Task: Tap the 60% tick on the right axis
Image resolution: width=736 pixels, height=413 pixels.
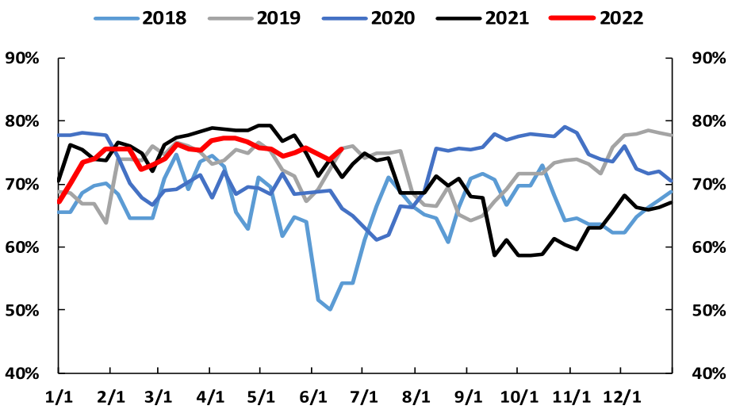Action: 711,247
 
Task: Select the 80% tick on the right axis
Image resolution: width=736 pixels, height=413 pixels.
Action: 711,121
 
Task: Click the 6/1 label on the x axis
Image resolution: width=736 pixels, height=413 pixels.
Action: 314,396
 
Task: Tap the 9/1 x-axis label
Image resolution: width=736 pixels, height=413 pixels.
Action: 468,396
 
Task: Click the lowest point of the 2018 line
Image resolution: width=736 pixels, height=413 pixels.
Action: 330,309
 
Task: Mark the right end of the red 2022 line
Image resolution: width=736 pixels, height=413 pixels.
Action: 342,148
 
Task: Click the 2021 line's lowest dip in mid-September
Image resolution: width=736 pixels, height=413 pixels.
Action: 494,255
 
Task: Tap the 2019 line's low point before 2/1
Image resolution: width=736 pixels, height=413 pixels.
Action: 106,223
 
